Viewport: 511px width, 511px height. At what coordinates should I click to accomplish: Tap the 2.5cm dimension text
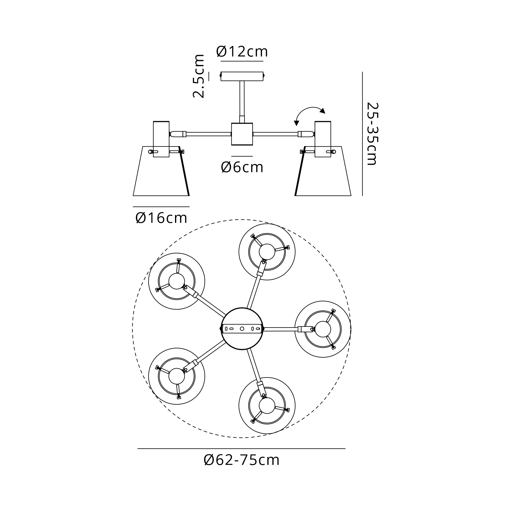199,76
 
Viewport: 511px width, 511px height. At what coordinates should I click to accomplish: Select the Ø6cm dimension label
242,167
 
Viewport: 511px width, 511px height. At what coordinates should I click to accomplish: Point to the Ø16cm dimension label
161,218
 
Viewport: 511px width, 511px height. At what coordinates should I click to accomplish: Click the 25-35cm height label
373,134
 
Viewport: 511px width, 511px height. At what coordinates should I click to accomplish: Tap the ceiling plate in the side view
242,76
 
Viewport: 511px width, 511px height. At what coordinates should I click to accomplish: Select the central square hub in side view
242,134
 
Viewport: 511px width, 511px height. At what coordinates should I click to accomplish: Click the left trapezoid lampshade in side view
161,171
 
